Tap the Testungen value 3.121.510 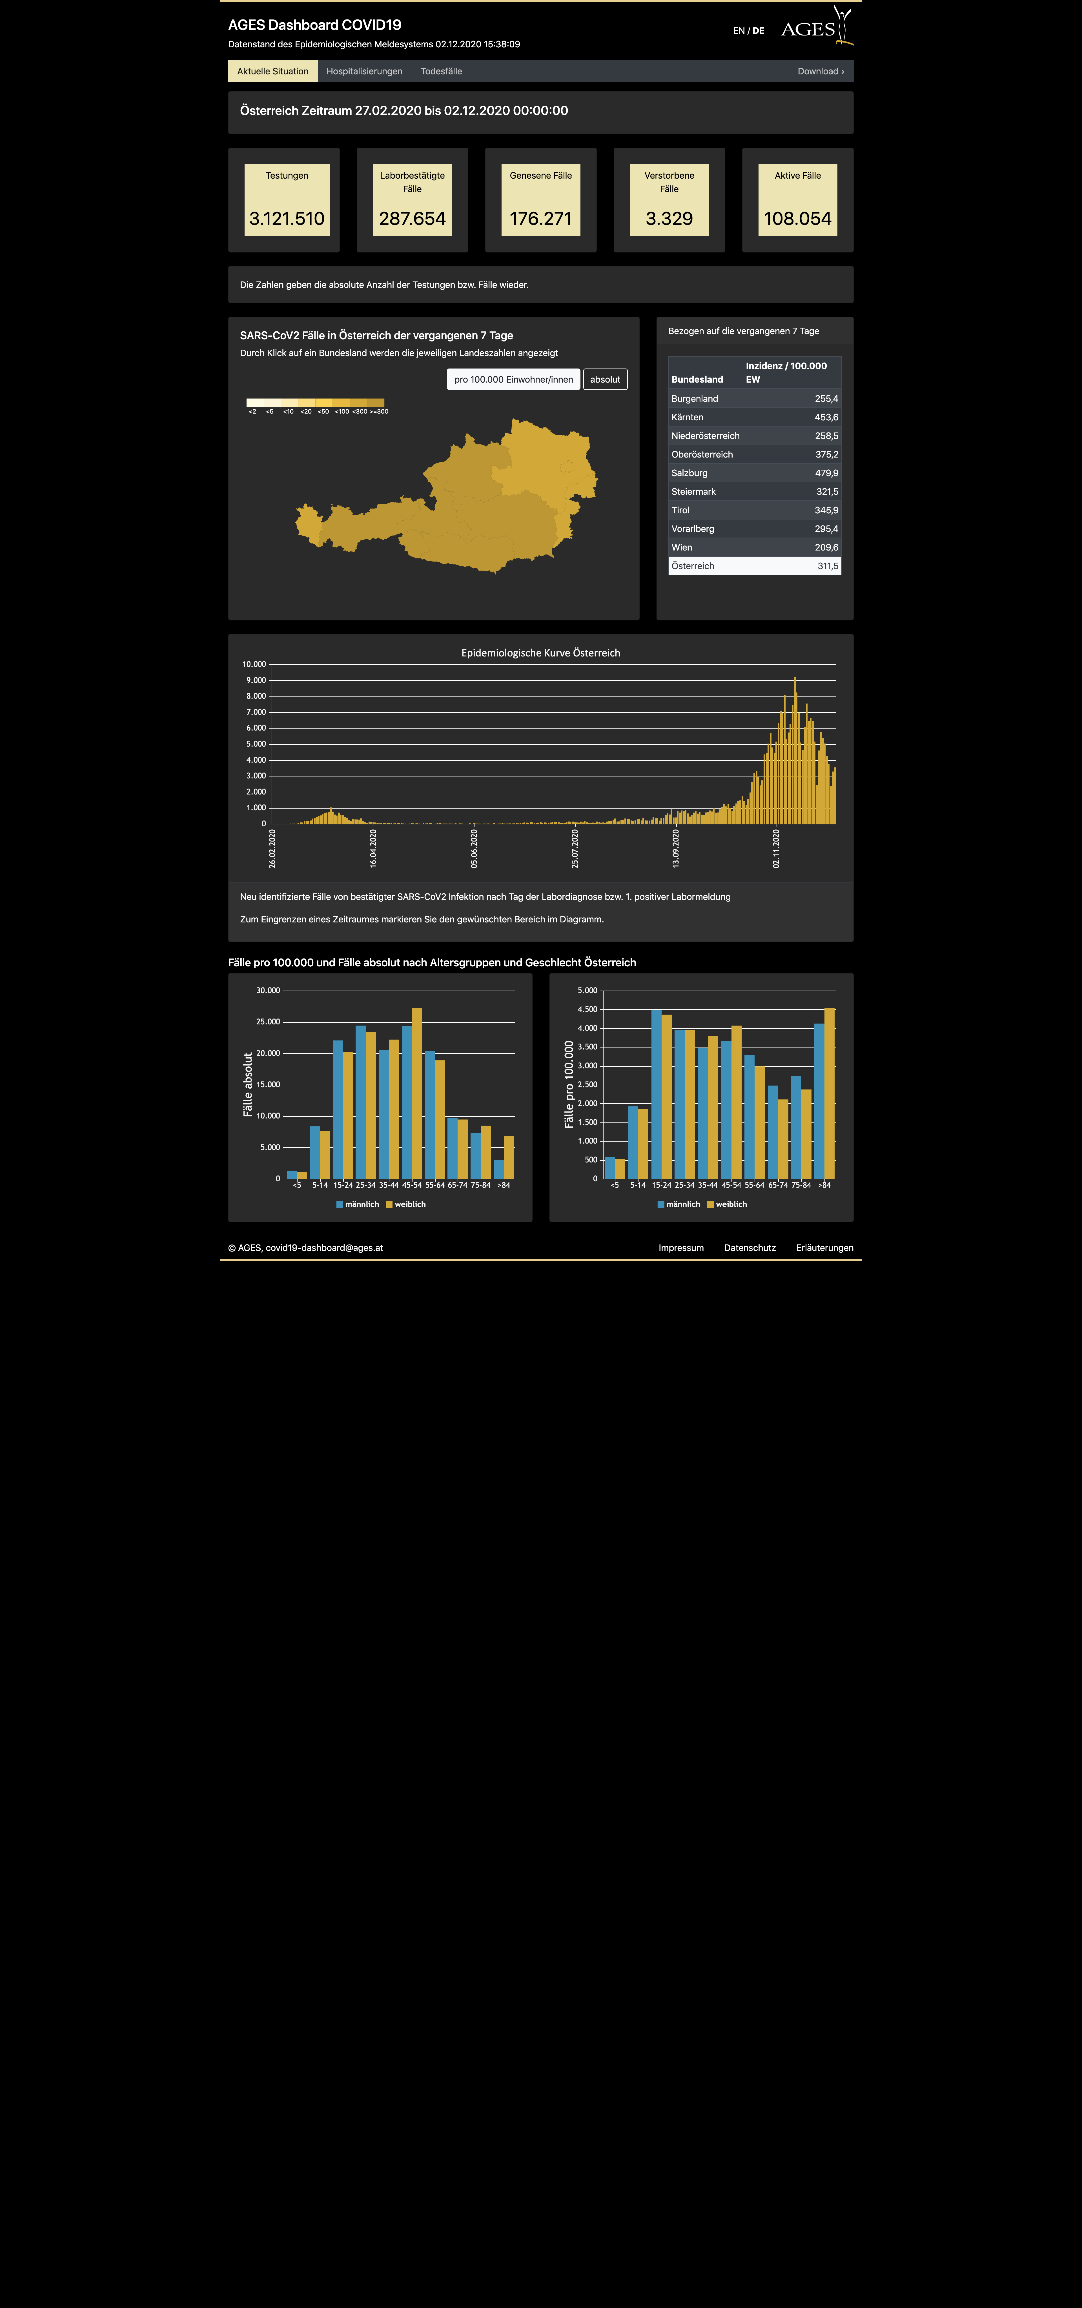click(x=287, y=219)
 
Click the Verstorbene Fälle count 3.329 click(x=669, y=219)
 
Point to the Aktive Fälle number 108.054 click(x=797, y=219)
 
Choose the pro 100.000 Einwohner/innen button click(x=513, y=379)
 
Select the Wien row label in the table click(x=682, y=547)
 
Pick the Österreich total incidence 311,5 click(x=828, y=566)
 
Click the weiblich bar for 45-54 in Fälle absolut click(x=416, y=1093)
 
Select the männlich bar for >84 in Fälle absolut click(x=498, y=1169)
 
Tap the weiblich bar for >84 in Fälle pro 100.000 click(x=830, y=1093)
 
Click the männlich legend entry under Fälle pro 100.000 click(x=679, y=1204)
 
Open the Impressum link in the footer click(x=681, y=1248)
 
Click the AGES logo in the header click(x=816, y=27)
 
